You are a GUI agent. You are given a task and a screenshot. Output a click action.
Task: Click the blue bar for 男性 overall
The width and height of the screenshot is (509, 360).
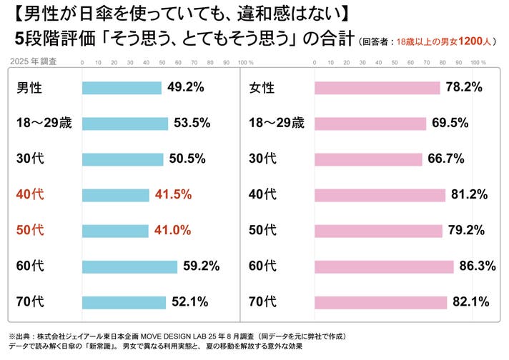122,88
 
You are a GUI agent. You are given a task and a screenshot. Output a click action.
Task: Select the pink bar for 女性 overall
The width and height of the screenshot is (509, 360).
377,88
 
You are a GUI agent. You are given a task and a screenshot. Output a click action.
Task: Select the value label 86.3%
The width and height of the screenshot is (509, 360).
478,266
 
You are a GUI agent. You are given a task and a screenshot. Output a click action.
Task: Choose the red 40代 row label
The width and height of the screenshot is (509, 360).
30,195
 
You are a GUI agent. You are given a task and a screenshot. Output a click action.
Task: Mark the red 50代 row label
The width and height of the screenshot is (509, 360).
30,231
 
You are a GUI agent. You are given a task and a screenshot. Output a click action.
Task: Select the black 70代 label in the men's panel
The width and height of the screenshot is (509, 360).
30,302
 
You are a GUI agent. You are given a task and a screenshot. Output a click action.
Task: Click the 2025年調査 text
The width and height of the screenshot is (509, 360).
34,62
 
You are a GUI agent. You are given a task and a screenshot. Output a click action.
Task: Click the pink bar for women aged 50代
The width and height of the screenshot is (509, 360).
378,231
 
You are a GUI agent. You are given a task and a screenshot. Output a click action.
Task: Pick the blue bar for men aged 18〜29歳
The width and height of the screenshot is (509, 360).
125,124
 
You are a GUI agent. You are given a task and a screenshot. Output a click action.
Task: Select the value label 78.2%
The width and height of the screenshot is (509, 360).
464,88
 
